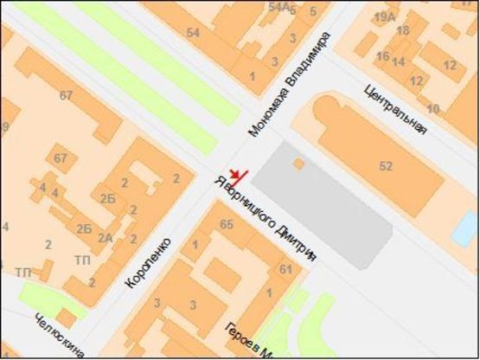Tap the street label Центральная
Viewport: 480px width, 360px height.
click(x=396, y=107)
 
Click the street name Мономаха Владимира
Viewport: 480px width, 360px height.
click(x=290, y=85)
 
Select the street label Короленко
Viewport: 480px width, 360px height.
click(x=148, y=262)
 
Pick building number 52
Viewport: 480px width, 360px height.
click(x=386, y=165)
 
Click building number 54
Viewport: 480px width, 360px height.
click(x=193, y=33)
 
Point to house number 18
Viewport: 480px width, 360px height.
click(x=402, y=31)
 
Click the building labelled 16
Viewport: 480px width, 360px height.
click(x=382, y=57)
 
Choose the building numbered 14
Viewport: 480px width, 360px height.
click(x=399, y=62)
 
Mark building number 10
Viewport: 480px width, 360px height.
click(x=433, y=108)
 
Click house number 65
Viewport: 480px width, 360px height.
click(x=227, y=225)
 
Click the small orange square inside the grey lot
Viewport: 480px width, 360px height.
click(x=298, y=163)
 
